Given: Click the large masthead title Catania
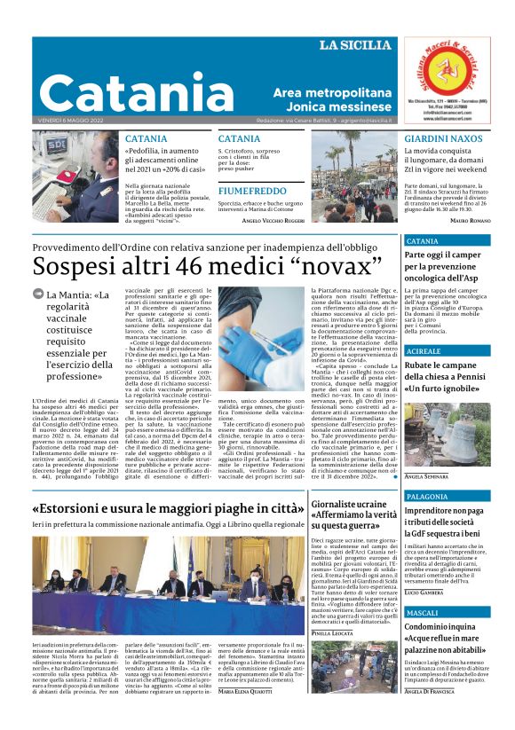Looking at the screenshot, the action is [146, 90].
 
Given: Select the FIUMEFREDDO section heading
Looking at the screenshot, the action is [253, 191].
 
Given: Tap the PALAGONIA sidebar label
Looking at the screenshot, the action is [430, 496].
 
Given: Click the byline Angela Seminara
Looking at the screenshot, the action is [425, 476].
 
